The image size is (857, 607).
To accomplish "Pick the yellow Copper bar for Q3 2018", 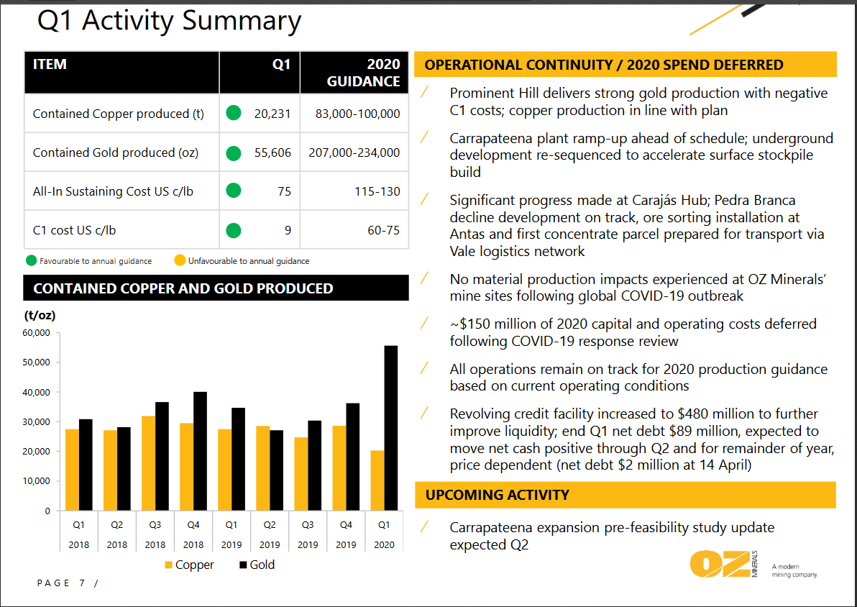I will click(x=148, y=463).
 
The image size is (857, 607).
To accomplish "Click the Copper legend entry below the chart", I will click(x=189, y=565).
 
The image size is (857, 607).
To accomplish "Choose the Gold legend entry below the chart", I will click(x=257, y=565).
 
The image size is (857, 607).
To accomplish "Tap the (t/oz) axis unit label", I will click(x=40, y=315).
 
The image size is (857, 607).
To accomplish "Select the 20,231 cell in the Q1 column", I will click(x=272, y=114).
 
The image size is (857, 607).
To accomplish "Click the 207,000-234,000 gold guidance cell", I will click(x=354, y=152).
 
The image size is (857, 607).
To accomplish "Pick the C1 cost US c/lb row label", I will click(x=75, y=231).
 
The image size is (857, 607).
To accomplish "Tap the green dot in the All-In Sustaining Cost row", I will click(x=233, y=191).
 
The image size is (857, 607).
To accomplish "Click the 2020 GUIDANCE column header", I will click(x=364, y=73).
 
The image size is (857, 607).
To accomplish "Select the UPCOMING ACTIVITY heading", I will click(x=498, y=495).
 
